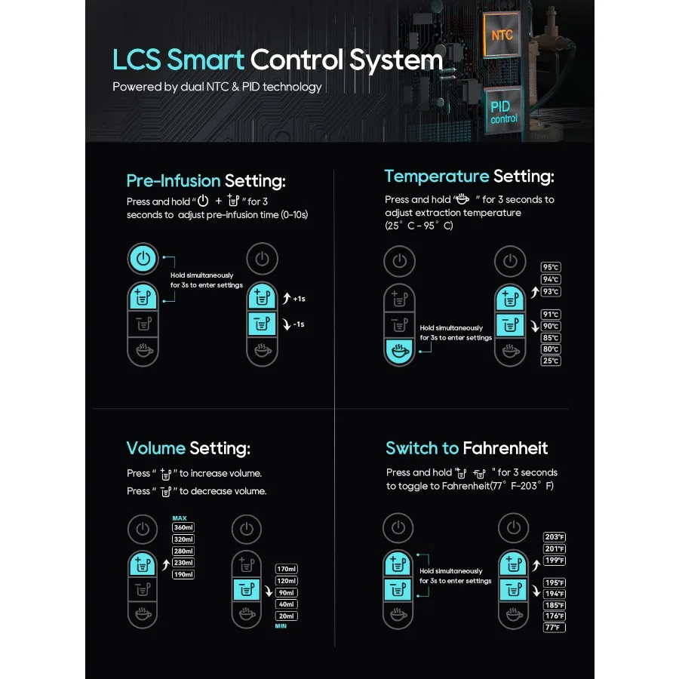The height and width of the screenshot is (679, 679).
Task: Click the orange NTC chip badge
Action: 501,35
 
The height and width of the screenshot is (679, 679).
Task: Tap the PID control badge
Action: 503,112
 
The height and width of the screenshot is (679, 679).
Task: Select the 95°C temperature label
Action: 551,267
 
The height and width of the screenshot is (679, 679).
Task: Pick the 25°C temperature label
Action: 551,361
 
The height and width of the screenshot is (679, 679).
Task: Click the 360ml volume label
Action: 183,527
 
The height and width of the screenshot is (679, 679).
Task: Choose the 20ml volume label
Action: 287,616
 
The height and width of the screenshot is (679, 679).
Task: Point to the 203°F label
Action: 555,537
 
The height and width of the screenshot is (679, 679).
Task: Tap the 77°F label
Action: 555,628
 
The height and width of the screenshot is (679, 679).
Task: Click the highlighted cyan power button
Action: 143,259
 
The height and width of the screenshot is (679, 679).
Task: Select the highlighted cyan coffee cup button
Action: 400,352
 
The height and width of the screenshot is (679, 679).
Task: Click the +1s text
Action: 299,299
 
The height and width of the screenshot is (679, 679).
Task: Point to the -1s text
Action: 299,324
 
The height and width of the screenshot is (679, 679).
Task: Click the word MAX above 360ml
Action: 180,518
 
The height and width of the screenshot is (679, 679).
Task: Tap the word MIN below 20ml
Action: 281,626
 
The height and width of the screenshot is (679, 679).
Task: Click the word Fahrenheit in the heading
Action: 505,448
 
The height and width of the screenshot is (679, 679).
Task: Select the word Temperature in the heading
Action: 437,177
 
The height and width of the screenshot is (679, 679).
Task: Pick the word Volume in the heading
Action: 156,448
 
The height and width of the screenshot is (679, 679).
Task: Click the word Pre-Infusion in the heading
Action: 174,180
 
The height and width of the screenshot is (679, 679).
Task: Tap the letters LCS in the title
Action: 137,60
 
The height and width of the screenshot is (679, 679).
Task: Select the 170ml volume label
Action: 287,569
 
